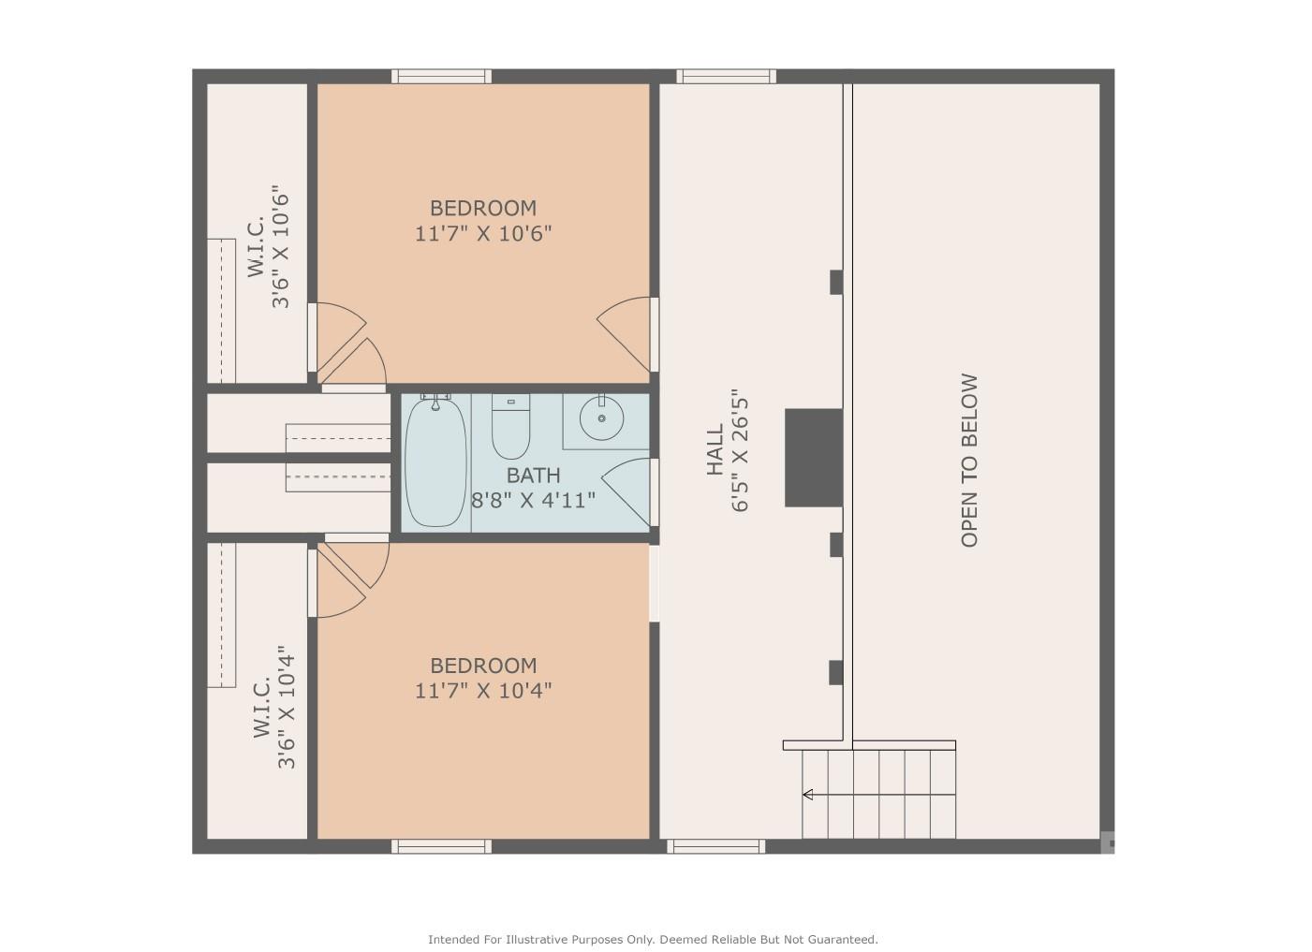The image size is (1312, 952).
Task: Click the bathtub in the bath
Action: (x=435, y=461)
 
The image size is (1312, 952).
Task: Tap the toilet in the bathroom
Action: (x=510, y=426)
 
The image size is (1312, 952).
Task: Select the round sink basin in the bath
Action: (x=601, y=417)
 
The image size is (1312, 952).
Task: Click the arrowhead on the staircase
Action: (x=807, y=795)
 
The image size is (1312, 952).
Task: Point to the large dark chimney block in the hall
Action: (x=814, y=458)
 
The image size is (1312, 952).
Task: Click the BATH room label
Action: (x=533, y=476)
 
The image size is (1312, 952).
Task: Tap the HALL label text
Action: (x=715, y=450)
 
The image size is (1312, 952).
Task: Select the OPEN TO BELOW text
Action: (x=969, y=461)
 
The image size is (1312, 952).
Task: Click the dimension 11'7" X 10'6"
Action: (x=483, y=234)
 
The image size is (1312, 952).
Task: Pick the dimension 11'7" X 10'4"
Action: (x=483, y=692)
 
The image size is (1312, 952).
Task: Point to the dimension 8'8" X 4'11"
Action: (x=533, y=501)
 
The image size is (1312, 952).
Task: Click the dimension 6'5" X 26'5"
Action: (x=741, y=450)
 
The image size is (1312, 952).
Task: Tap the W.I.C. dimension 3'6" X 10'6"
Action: (x=281, y=247)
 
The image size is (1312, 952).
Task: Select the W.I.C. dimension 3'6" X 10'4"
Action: (x=287, y=708)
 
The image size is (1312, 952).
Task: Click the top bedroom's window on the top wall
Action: (x=441, y=76)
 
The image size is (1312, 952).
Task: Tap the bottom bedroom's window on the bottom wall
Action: (x=441, y=846)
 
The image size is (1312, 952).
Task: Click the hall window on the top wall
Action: (x=727, y=76)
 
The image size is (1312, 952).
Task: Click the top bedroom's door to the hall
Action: (x=626, y=334)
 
